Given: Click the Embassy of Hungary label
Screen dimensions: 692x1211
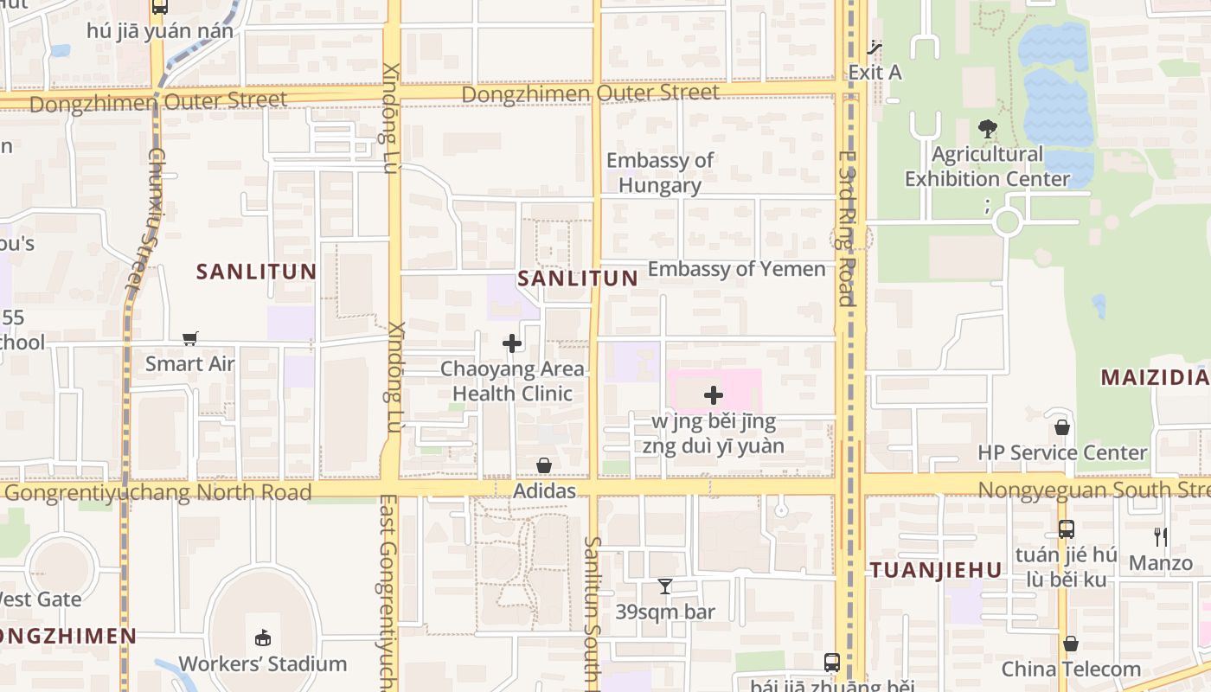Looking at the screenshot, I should click(660, 173).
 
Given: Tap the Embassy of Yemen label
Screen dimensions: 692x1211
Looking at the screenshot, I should click(736, 269).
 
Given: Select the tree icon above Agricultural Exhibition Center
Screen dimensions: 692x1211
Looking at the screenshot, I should click(987, 130).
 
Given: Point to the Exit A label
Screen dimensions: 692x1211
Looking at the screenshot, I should click(875, 72).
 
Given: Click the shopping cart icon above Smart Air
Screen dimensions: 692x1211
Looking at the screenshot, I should click(190, 338).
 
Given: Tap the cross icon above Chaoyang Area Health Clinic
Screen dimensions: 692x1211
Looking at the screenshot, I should click(512, 343).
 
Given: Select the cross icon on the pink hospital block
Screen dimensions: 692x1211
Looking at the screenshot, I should click(714, 395).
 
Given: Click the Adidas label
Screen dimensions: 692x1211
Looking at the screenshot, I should click(544, 491).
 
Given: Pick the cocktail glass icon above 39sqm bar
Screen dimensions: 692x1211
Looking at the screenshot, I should click(664, 586).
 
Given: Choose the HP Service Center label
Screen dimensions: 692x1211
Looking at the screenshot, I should click(1062, 452).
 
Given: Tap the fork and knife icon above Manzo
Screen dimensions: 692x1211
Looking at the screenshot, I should click(1161, 537).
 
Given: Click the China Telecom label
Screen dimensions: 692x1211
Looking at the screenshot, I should click(1071, 669).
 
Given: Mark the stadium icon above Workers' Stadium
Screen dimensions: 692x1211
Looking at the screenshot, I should click(263, 638).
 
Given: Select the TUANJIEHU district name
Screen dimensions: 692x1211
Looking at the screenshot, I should click(936, 570).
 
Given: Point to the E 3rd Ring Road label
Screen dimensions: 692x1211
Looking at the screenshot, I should click(846, 229).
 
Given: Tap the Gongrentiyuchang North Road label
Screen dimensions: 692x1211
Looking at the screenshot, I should click(157, 492).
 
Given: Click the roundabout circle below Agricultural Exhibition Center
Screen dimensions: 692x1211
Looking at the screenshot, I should click(1007, 222).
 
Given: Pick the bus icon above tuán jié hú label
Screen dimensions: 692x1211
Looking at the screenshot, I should click(1067, 529).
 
